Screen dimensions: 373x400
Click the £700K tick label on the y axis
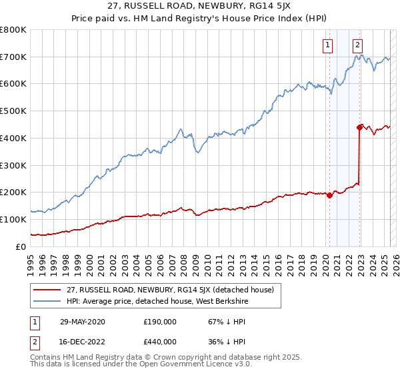coord(13,57)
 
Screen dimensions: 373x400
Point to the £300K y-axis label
coord(13,165)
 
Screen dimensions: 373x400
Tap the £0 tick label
coord(21,246)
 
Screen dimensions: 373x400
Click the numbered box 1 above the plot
coord(329,45)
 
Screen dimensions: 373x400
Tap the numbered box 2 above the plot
coord(358,45)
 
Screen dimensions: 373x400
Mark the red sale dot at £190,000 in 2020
coord(329,195)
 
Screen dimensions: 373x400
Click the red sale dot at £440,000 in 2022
coord(360,127)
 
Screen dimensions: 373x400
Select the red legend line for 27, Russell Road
coord(47,290)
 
